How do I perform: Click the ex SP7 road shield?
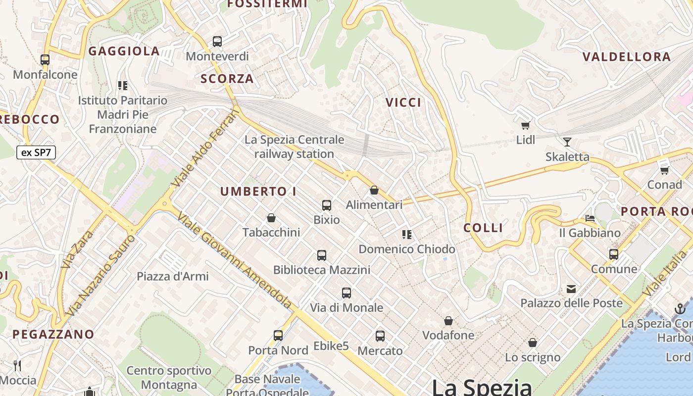36,152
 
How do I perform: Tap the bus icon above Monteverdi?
217,42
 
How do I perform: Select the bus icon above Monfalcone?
45,60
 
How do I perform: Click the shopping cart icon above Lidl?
525,126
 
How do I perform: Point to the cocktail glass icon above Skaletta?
567,143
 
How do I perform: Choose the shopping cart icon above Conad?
664,170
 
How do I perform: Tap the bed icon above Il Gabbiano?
590,218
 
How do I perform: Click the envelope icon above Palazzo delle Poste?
571,289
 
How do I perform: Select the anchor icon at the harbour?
680,309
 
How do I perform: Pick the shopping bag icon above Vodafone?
448,321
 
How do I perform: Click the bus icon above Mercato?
380,336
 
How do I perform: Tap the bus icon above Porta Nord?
278,336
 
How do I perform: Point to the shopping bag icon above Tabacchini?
271,218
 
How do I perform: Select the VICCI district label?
403,102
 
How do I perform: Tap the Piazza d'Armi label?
173,276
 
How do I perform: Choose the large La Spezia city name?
482,387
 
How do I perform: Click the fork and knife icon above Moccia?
17,366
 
